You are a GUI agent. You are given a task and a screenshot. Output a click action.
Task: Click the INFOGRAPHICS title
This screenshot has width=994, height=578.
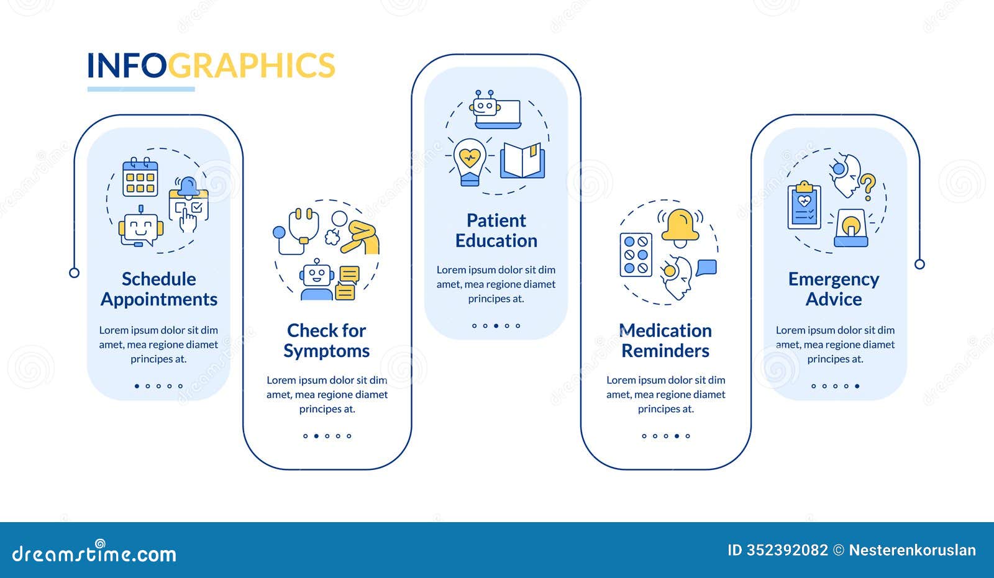tap(211, 66)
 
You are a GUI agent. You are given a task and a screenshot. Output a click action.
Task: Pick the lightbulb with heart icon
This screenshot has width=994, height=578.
tap(470, 161)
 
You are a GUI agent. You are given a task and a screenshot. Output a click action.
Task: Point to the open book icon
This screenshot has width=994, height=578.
tap(523, 161)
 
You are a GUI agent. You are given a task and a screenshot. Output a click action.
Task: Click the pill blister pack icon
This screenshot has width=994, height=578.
tap(636, 255)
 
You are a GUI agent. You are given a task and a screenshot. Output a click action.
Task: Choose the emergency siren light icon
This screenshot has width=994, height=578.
tap(851, 228)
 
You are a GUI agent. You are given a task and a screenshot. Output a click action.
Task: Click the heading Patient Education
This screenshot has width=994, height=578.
tap(496, 230)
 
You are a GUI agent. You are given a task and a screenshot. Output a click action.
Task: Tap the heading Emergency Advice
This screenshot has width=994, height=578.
tap(834, 289)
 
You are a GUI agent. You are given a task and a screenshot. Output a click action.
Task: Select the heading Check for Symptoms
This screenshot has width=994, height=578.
tap(327, 340)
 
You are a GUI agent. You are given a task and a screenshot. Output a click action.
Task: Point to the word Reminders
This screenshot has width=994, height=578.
tap(665, 351)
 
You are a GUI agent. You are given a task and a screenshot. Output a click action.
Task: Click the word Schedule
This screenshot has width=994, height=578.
tap(158, 279)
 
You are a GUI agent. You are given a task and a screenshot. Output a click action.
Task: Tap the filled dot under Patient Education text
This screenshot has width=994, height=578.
tap(496, 325)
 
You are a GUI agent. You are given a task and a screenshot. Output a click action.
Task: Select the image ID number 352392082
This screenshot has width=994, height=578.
tap(787, 550)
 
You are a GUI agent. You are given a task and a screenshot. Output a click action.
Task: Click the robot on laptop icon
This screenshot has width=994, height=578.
tap(495, 109)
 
